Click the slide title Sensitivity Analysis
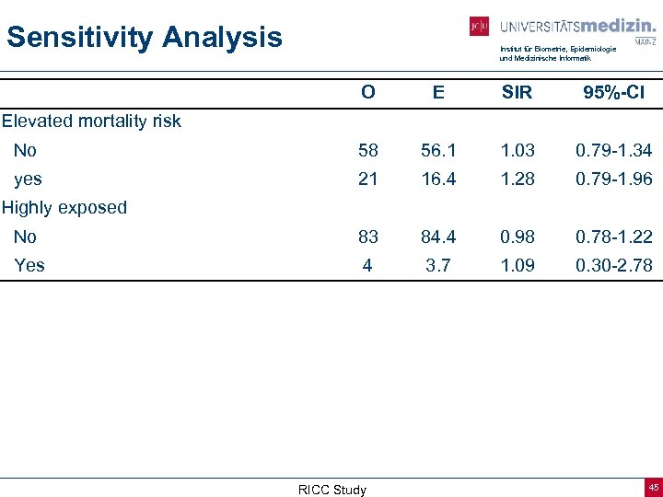point(145,38)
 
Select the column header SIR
point(517,92)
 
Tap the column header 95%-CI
point(613,92)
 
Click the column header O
point(368,92)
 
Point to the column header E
point(438,92)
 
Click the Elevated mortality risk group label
point(91,121)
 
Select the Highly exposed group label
point(64,207)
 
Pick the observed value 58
point(368,150)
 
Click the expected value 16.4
point(438,179)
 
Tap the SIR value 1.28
point(517,179)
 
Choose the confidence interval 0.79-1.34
point(613,150)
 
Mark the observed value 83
point(368,237)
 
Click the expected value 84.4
point(438,237)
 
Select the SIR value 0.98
point(517,237)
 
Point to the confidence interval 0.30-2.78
point(613,265)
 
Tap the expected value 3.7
point(438,265)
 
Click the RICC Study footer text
point(331,490)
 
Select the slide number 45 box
point(653,487)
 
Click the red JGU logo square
point(479,27)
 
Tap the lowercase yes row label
point(28,179)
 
